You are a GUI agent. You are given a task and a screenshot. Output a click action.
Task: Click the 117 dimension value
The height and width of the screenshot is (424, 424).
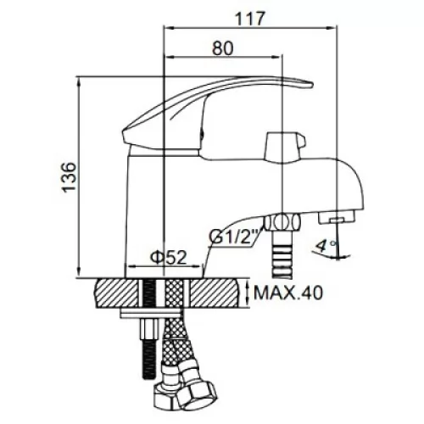pos(250,19)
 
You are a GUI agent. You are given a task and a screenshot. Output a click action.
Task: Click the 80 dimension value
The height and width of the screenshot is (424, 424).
pos(223,48)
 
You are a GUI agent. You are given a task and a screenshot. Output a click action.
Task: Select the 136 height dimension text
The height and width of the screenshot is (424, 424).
pos(70,177)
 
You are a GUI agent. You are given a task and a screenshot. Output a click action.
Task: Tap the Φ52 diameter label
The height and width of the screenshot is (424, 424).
pos(169,257)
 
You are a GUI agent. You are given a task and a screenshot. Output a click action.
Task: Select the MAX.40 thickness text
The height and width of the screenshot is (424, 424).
pos(288,293)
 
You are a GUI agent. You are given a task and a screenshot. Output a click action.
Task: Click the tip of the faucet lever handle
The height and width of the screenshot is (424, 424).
pos(312,84)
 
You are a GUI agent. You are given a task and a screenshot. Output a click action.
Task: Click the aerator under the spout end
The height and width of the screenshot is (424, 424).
pos(336,218)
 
